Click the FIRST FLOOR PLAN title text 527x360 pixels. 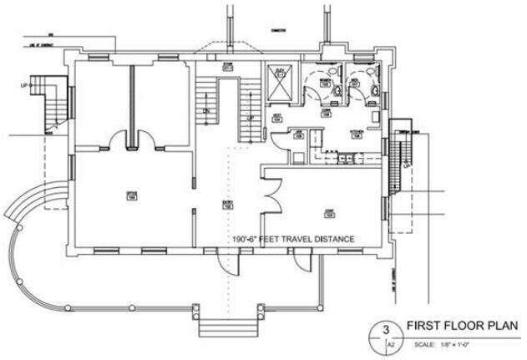[x=463, y=326]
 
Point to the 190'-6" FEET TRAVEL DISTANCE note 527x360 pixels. [x=296, y=240]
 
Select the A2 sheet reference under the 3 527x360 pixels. [x=388, y=342]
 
